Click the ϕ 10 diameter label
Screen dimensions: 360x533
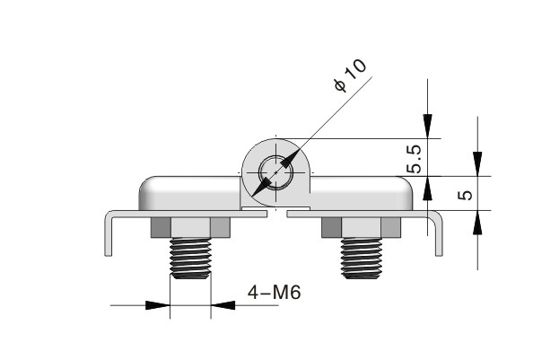tap(351, 75)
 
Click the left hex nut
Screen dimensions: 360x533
tap(190, 228)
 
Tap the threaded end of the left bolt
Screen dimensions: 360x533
tap(190, 259)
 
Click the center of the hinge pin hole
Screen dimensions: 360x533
tap(275, 170)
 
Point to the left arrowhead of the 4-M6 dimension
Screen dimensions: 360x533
tap(159, 305)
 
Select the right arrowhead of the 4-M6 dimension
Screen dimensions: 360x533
tap(223, 305)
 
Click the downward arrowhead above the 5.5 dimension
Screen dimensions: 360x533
tap(428, 127)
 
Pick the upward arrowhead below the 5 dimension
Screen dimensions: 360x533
tap(478, 222)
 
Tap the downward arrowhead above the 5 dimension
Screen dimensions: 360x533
tap(478, 164)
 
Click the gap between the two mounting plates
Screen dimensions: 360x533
tap(276, 215)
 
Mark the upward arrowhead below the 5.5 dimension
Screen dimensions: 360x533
tap(428, 188)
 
